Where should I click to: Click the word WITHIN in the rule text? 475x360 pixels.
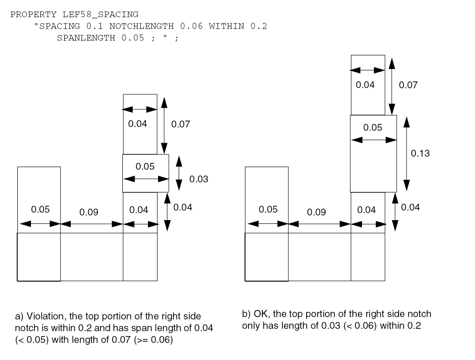[x=226, y=26]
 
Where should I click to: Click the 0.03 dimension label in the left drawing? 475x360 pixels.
[x=198, y=179]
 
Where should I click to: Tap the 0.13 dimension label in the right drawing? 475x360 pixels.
[x=420, y=153]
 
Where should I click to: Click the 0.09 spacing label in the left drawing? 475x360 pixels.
[x=89, y=212]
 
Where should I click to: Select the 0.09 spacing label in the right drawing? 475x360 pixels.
[x=317, y=212]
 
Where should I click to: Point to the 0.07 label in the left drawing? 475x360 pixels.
[x=181, y=124]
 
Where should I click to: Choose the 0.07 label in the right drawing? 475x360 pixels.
[x=408, y=85]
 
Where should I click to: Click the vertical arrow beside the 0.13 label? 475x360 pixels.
[x=407, y=153]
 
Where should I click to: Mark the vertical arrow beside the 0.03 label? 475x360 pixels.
[x=178, y=174]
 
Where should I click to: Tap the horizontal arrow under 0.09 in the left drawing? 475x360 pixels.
[x=92, y=224]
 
